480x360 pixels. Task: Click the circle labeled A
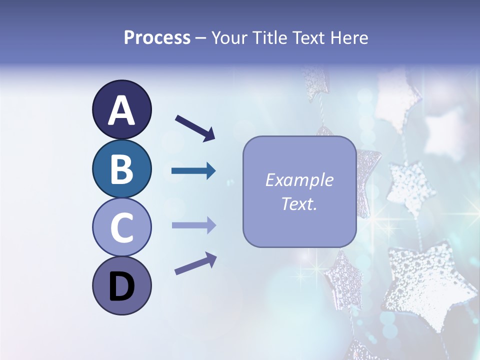tap(121, 110)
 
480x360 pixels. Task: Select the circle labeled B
tap(121, 168)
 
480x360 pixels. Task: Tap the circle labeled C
tap(121, 227)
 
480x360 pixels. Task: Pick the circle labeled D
tap(121, 286)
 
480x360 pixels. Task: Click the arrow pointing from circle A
tap(195, 128)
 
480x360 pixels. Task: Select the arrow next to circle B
tap(193, 171)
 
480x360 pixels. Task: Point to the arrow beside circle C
tap(193, 225)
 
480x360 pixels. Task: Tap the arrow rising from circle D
tap(195, 264)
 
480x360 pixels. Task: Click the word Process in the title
tap(157, 37)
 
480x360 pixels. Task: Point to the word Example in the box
tap(299, 180)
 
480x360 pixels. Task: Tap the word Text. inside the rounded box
tap(299, 203)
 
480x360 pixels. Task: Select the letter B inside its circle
tap(121, 169)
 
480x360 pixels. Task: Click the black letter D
tap(121, 287)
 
